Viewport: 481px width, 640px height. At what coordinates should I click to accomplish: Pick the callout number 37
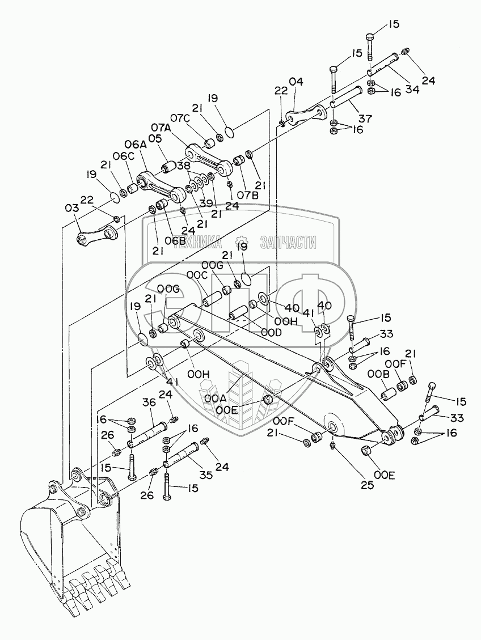pos(365,118)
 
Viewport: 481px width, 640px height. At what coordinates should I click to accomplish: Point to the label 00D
pos(272,333)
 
